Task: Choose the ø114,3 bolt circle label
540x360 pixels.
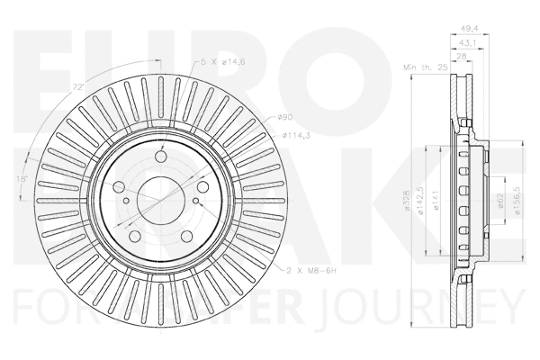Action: point(295,135)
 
